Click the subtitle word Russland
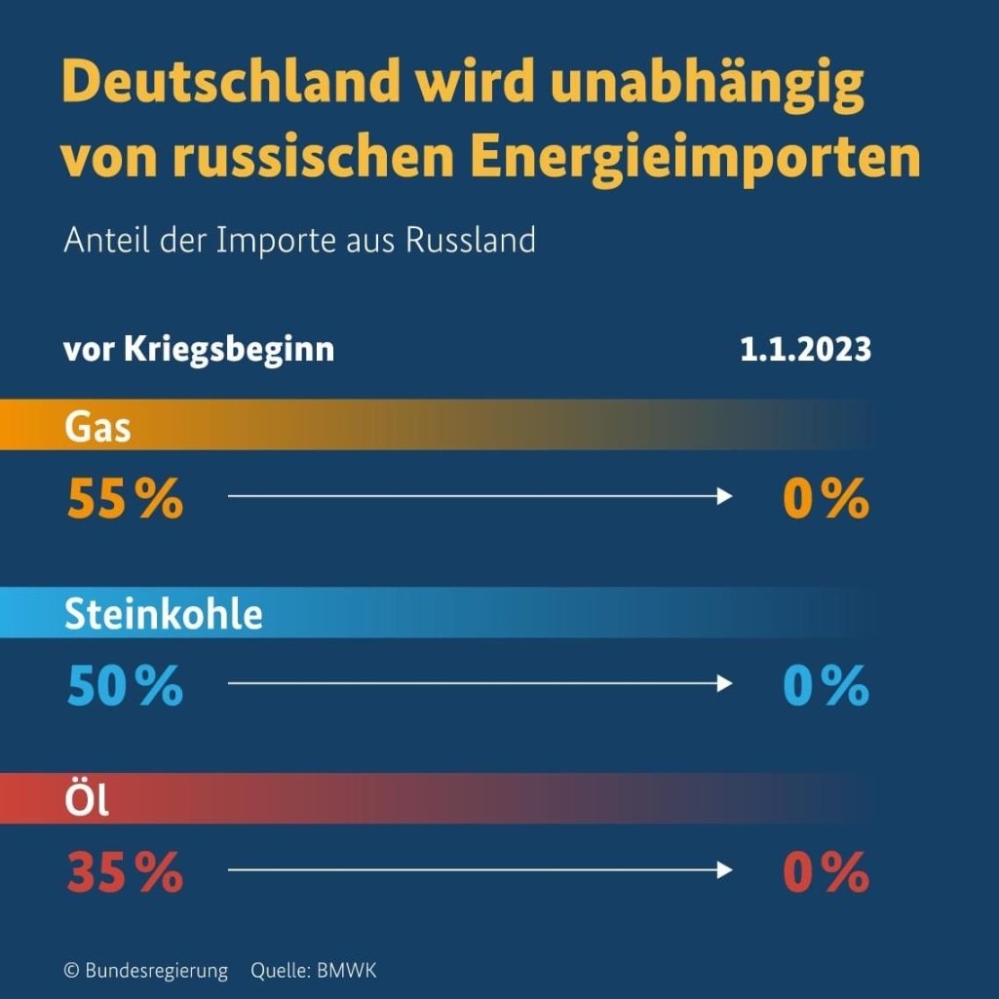pyautogui.click(x=471, y=240)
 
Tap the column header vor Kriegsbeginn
pyautogui.click(x=199, y=349)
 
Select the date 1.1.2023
pyautogui.click(x=805, y=349)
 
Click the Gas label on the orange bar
pyautogui.click(x=97, y=427)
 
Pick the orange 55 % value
pyautogui.click(x=125, y=499)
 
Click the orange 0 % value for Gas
pyautogui.click(x=826, y=499)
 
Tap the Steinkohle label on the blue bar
pyautogui.click(x=164, y=614)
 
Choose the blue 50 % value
pyautogui.click(x=125, y=686)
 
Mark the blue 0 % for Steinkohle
pyautogui.click(x=826, y=686)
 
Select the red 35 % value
pyautogui.click(x=125, y=872)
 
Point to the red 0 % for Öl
pyautogui.click(x=826, y=872)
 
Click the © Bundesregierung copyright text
pyautogui.click(x=145, y=971)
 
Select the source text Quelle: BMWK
pyautogui.click(x=313, y=971)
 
